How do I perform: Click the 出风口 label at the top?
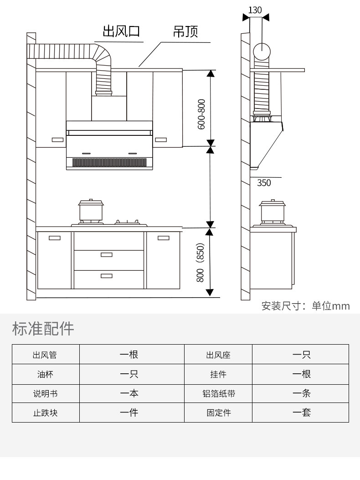[121, 31]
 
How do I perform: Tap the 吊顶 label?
[185, 32]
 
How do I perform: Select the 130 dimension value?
[256, 10]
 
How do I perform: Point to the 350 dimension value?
[264, 183]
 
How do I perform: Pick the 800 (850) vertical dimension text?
[201, 263]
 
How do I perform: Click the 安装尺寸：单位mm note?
[305, 306]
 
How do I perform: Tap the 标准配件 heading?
[43, 329]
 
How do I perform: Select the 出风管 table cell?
[46, 355]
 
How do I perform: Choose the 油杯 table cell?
[46, 374]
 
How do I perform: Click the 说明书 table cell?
[46, 393]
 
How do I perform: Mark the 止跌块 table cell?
[46, 413]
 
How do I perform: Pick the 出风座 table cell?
[218, 355]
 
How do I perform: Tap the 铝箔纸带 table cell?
[218, 393]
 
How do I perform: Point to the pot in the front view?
[91, 211]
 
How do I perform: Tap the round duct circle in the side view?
[262, 52]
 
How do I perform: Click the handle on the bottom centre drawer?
[107, 276]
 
